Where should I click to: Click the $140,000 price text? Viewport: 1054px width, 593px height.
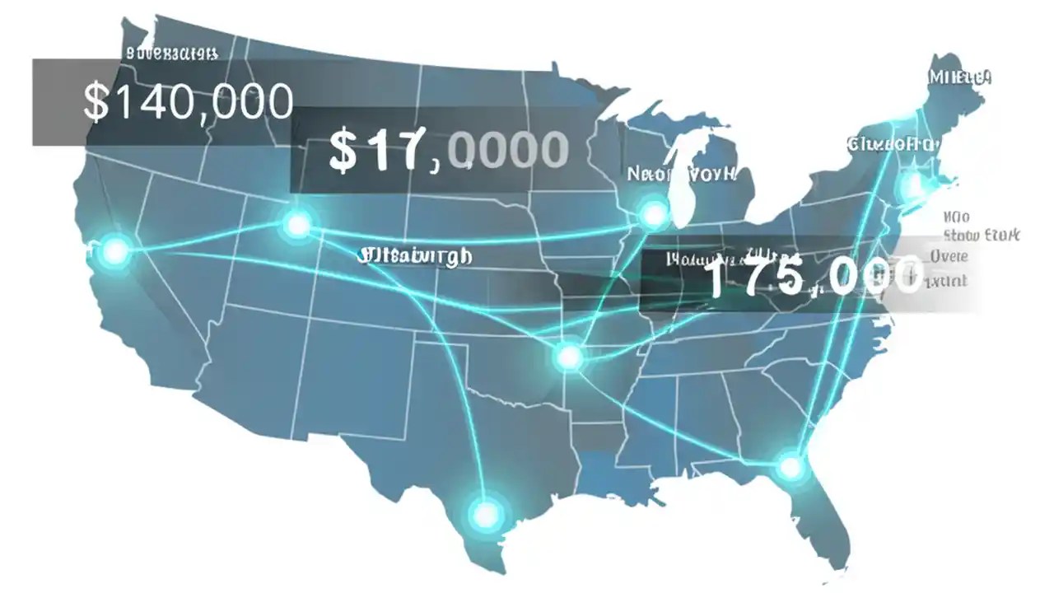click(x=189, y=101)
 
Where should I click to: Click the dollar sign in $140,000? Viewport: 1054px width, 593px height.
click(x=96, y=102)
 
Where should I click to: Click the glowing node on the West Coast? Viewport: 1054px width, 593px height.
click(x=114, y=250)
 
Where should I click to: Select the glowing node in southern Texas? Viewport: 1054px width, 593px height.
click(x=487, y=514)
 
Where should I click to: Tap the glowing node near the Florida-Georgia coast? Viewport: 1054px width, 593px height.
click(x=790, y=467)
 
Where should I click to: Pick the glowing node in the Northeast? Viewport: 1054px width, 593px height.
click(x=912, y=188)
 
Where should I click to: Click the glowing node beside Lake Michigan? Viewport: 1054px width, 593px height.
click(x=654, y=215)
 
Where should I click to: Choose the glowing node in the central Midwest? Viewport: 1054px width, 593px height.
click(x=567, y=357)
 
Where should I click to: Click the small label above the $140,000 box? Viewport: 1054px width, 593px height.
click(x=172, y=54)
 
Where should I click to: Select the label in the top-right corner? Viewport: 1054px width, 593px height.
click(x=959, y=77)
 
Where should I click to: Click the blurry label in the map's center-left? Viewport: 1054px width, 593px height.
click(x=416, y=256)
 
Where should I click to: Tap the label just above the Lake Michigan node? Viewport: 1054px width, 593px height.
click(x=681, y=174)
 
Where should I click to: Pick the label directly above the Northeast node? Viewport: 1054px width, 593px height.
click(x=893, y=144)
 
